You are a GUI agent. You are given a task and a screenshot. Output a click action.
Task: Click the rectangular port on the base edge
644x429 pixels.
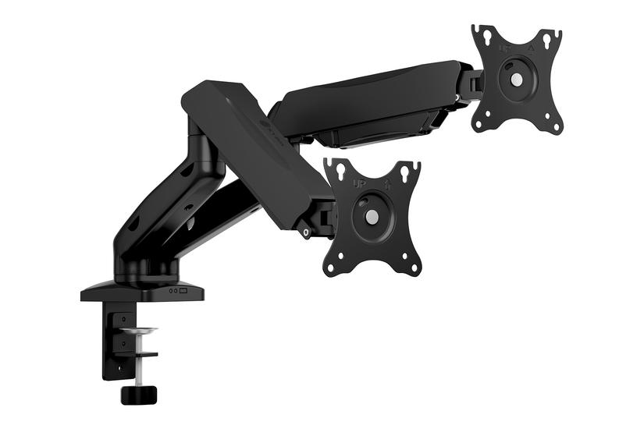click(x=183, y=292)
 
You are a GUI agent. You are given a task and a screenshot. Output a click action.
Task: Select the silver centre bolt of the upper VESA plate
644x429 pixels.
click(x=517, y=79)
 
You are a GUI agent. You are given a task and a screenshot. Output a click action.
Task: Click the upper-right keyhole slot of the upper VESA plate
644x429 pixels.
click(x=554, y=37)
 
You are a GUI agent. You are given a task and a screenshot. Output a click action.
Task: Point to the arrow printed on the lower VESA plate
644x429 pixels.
click(x=386, y=184)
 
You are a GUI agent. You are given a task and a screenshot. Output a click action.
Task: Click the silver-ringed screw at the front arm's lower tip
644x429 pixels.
click(x=307, y=231)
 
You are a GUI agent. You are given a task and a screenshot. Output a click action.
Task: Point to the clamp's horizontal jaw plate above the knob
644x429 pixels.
click(x=141, y=355)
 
